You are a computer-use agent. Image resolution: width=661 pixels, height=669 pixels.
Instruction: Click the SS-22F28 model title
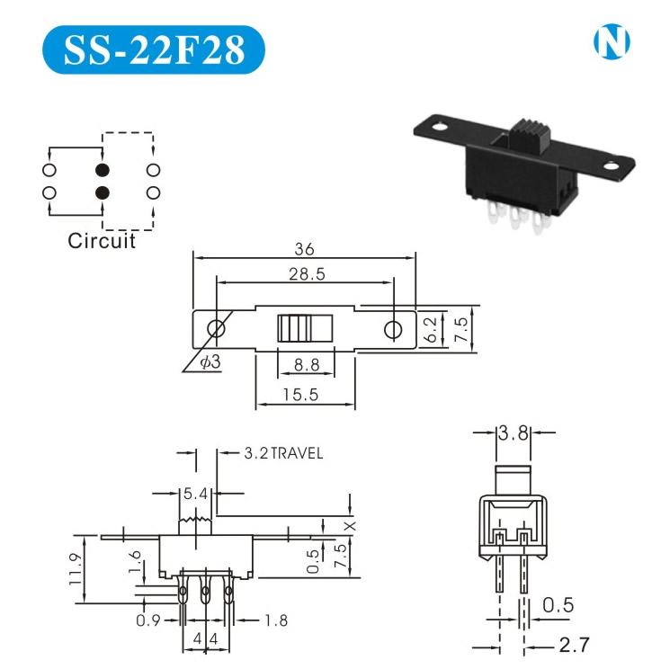(x=154, y=50)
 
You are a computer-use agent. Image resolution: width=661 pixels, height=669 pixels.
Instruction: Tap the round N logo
(x=612, y=41)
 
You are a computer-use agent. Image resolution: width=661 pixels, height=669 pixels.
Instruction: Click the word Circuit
(x=102, y=241)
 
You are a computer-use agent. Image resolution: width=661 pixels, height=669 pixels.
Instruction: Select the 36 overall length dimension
(x=304, y=249)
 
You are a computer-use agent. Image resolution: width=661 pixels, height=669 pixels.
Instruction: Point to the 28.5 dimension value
(x=307, y=274)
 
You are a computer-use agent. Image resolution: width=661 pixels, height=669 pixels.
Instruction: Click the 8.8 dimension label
(x=307, y=365)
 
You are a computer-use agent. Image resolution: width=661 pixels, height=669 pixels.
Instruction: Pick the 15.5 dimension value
(x=301, y=395)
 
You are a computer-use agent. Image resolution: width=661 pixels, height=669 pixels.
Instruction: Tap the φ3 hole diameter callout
(x=210, y=361)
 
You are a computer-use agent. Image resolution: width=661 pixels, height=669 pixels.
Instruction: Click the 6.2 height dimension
(x=431, y=329)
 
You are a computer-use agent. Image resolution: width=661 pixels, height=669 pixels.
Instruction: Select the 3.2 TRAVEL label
(x=283, y=453)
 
